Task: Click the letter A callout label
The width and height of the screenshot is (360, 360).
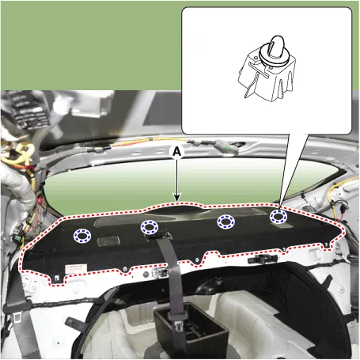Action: tap(177, 152)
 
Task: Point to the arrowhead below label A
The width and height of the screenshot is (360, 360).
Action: tap(177, 198)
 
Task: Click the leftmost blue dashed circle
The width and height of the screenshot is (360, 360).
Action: tap(82, 236)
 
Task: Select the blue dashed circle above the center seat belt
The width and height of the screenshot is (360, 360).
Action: tap(150, 227)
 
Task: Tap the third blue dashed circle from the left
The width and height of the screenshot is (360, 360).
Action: tap(225, 222)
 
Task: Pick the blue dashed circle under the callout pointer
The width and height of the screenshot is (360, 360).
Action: tap(279, 217)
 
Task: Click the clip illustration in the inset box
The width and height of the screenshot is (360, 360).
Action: tap(267, 68)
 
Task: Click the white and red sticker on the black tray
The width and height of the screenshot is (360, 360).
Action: tap(76, 269)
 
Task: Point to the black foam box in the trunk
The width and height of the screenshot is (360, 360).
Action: tap(191, 331)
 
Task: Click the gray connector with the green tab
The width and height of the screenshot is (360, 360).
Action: tap(227, 147)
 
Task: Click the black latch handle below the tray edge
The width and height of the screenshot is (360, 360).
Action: tap(263, 260)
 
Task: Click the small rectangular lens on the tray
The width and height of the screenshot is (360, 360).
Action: tap(108, 241)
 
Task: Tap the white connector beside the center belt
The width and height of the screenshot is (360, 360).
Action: tap(160, 273)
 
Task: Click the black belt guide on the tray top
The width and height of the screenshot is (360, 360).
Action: tap(158, 234)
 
